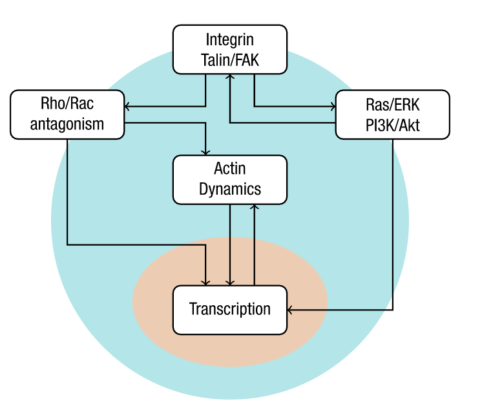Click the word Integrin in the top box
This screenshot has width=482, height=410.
point(230,39)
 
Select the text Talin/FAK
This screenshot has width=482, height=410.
point(230,59)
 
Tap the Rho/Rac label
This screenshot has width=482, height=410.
point(67,103)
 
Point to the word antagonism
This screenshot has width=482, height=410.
point(67,124)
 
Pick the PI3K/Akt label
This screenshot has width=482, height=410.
point(392,124)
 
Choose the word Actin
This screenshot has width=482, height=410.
point(230,169)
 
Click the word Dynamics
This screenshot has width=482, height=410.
point(230,189)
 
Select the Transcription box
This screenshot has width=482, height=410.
point(230,309)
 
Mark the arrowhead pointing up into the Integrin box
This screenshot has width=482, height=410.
point(231,77)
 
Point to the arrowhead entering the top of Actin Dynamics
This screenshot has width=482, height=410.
point(206,152)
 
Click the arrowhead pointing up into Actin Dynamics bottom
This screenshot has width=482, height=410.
point(255,207)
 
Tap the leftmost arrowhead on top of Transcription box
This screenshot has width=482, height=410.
point(206,282)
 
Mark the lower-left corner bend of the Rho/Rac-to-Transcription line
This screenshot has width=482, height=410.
point(67,244)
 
